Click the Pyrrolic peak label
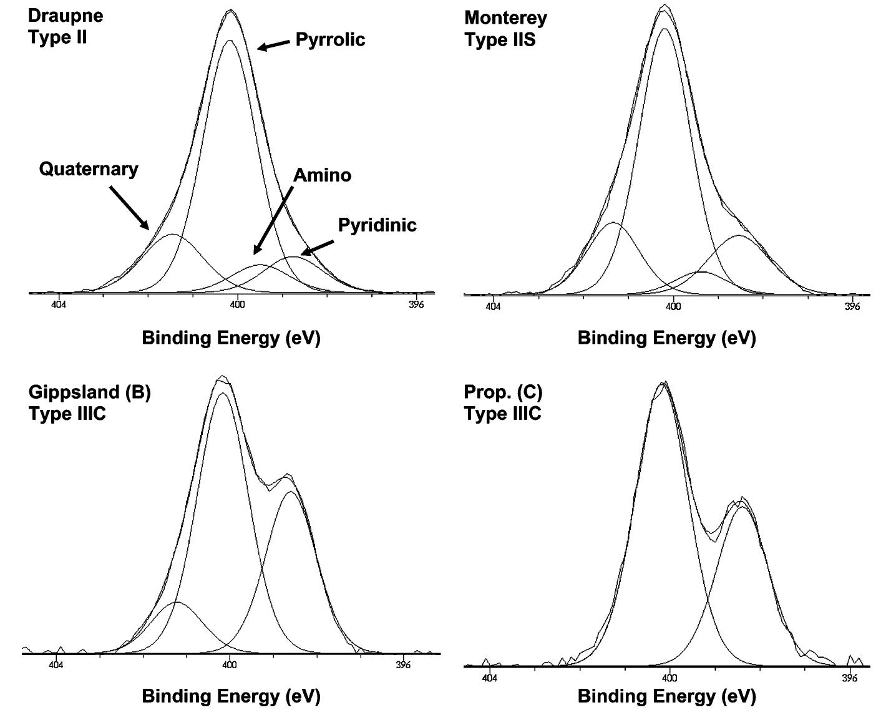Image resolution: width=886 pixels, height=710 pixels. click(x=330, y=39)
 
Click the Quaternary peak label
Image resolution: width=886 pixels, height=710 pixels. click(x=89, y=169)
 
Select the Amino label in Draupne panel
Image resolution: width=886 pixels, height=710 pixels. click(x=322, y=175)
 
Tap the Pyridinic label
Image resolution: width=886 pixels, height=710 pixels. click(x=377, y=225)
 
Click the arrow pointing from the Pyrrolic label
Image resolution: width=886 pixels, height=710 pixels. click(x=273, y=45)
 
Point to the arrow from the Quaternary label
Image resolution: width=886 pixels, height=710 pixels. click(x=129, y=208)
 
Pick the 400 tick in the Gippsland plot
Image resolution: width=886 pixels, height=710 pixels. click(x=229, y=664)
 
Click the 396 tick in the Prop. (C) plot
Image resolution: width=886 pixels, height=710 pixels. click(x=849, y=677)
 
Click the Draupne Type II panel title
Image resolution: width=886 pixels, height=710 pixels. click(x=66, y=26)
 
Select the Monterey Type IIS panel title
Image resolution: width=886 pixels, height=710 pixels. click(x=505, y=29)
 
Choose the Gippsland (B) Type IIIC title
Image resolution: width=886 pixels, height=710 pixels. click(x=89, y=402)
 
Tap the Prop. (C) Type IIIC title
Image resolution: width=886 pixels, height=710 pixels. click(x=503, y=402)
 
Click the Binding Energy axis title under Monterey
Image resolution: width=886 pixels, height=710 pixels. click(x=666, y=338)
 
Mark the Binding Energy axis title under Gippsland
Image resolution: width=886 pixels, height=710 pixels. click(x=231, y=696)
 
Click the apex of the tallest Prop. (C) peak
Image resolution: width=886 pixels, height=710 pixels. click(x=664, y=383)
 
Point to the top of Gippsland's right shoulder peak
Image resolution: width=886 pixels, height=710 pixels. click(x=288, y=475)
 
